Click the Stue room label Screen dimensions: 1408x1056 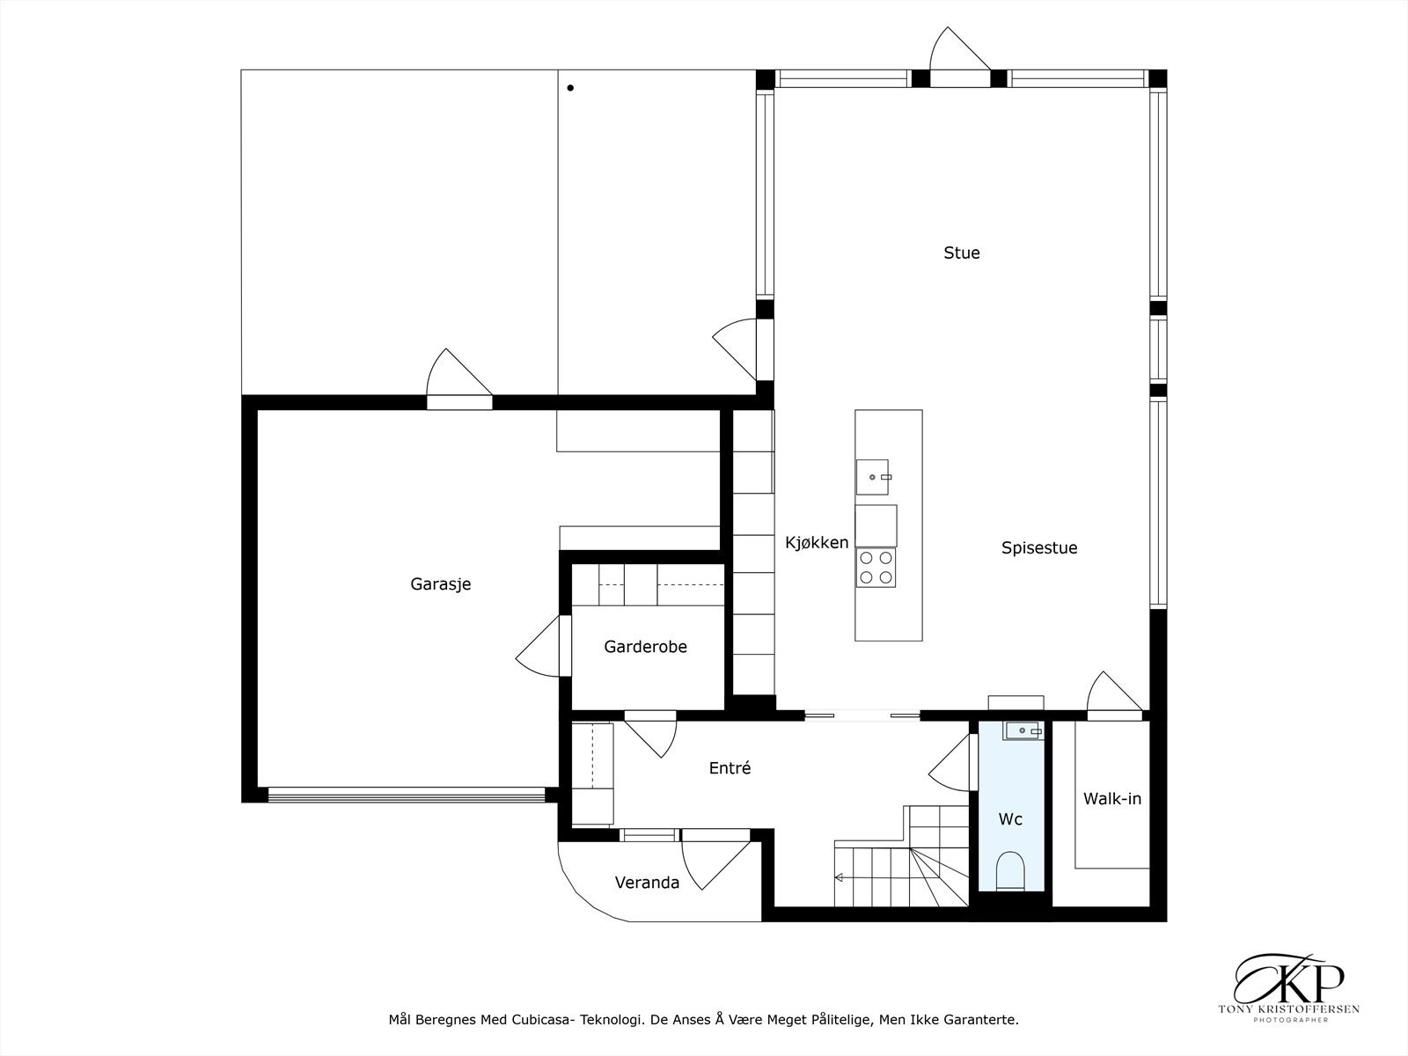(962, 253)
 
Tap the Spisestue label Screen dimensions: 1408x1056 (1039, 548)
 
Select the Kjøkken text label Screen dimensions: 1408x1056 (817, 543)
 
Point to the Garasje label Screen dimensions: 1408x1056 (441, 584)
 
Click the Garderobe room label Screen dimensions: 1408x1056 (645, 646)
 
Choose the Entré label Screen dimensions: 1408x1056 (730, 767)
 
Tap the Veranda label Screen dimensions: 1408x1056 (647, 883)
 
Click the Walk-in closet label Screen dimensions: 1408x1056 (1112, 799)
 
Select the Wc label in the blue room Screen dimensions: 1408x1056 (1010, 819)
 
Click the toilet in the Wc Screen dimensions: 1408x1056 (1010, 870)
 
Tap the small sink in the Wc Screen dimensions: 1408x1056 (1023, 730)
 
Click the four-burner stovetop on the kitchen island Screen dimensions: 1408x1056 (876, 568)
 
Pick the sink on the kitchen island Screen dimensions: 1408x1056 (872, 478)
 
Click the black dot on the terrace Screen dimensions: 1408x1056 (570, 88)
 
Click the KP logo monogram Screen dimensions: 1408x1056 (1288, 979)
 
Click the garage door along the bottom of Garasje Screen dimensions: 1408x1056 (406, 795)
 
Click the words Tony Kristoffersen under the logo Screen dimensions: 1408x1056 (1288, 1009)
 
